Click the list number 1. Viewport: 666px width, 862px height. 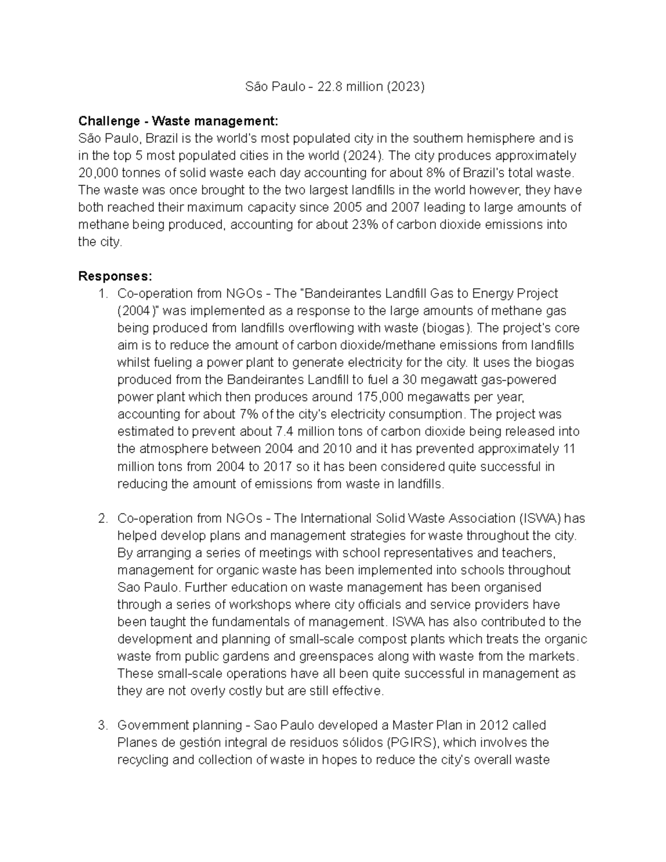(x=103, y=294)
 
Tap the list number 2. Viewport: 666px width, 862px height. (x=103, y=518)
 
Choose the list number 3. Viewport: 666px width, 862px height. (x=103, y=725)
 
